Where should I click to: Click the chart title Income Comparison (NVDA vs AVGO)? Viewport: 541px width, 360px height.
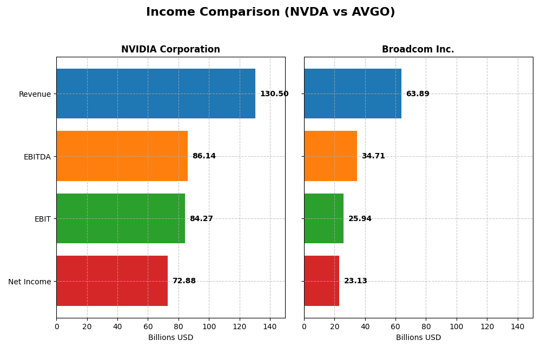point(270,12)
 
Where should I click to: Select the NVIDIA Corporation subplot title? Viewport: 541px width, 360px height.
point(170,49)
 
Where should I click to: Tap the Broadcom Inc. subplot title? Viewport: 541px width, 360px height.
point(418,49)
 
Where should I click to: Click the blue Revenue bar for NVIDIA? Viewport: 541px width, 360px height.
point(156,94)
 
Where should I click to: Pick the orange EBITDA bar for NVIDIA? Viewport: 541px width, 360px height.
point(122,156)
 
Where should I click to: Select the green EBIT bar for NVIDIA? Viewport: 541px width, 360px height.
point(121,218)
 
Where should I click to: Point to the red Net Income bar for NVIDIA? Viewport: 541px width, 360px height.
point(112,281)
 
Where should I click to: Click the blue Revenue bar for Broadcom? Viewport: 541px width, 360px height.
point(353,94)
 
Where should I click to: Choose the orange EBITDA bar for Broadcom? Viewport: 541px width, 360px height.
point(331,156)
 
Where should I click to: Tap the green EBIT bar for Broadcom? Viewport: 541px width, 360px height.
point(324,218)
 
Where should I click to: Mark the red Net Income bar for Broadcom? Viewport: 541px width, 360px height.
point(321,281)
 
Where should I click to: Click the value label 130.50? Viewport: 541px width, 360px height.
point(274,94)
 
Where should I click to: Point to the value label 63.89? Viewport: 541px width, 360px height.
point(418,94)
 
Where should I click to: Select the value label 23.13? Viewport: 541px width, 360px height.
point(355,281)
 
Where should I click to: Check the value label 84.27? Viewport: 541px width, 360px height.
point(201,218)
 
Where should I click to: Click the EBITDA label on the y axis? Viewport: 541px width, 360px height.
point(37,157)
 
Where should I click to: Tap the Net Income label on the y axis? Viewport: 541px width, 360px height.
point(30,282)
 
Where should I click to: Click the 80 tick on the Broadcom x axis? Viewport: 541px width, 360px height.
point(426,326)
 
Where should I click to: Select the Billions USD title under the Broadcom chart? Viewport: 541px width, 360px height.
point(418,337)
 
